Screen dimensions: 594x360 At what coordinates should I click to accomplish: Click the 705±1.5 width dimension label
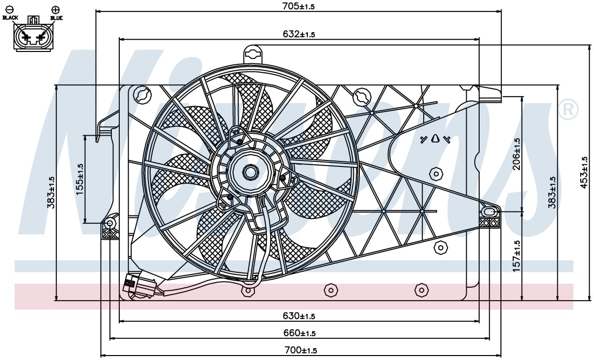coord(298,6)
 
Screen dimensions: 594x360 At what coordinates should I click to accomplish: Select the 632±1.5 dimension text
coord(299,34)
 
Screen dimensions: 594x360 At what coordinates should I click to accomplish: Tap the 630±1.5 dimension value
coord(299,316)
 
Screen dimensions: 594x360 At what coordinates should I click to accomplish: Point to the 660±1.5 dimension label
coord(299,333)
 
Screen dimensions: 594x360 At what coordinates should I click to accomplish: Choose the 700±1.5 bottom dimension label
coord(301,350)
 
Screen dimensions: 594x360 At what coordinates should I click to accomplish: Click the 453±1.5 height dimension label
coord(584,173)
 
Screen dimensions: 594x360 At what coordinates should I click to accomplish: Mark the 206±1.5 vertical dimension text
coord(517,154)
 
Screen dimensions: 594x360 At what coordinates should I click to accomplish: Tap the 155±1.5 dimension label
coord(80,179)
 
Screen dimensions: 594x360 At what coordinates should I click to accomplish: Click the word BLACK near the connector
coord(10,17)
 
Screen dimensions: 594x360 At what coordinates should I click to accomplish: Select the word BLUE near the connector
coord(56,18)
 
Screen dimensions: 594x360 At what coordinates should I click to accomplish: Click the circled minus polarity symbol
coord(10,9)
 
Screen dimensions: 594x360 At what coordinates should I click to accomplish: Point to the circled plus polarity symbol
coord(55,10)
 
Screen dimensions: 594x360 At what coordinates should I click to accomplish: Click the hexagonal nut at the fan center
coord(250,172)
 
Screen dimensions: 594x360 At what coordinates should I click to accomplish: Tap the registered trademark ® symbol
coord(568,109)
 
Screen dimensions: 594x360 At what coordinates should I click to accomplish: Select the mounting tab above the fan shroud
coord(253,54)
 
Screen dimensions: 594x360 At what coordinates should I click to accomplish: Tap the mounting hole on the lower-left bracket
coord(110,223)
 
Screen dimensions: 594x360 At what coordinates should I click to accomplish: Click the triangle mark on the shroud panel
coord(435,139)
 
